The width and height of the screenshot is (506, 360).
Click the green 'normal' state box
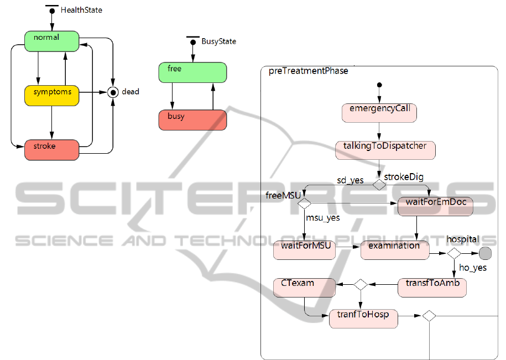52,40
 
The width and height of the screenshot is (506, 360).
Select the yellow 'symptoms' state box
51,95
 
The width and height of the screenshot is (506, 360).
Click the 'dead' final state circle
113,92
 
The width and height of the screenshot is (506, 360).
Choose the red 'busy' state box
192,120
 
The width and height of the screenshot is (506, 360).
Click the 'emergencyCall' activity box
379,112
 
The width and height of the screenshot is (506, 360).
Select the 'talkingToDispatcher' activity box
385,150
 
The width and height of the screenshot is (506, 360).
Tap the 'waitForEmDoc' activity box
436,205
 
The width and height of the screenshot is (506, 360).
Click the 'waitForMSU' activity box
305,249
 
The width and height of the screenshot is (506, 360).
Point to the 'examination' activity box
395,249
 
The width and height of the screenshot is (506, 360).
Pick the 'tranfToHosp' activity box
363,319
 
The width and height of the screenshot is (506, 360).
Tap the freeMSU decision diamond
304,204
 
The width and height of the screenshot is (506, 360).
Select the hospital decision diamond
454,253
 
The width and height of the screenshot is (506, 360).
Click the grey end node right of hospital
485,253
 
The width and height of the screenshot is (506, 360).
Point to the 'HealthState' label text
81,10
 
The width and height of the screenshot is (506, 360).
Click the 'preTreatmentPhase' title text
308,71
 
